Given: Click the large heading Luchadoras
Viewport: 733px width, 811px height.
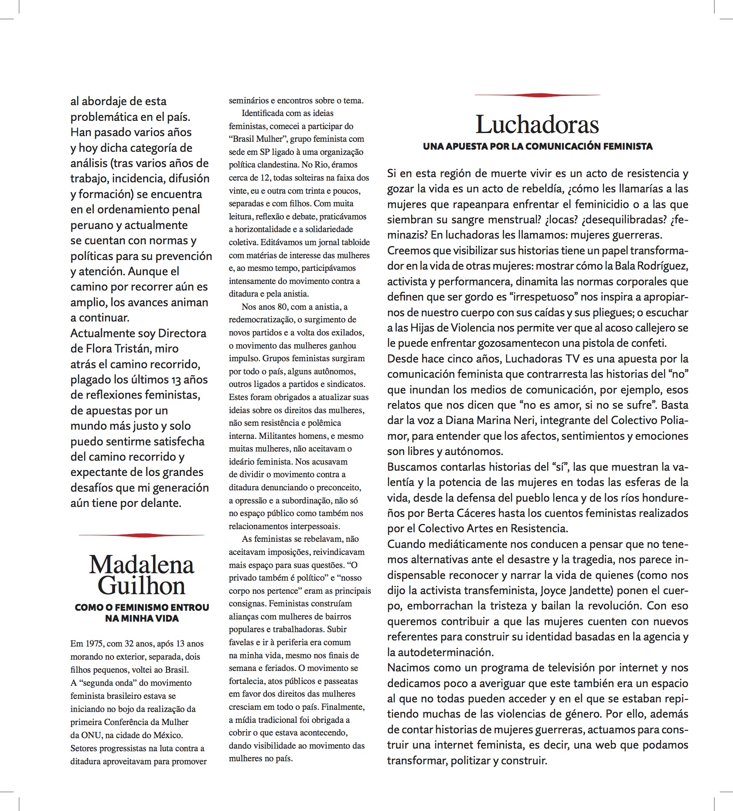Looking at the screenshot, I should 537,125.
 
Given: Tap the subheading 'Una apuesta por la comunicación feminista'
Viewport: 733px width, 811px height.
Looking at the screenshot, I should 537,147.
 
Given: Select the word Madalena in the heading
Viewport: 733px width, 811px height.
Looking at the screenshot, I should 141,565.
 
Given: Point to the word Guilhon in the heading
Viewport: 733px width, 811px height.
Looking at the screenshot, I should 141,585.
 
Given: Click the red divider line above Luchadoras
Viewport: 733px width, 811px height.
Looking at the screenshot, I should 537,95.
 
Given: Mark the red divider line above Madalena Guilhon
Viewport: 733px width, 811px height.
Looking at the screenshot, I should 141,535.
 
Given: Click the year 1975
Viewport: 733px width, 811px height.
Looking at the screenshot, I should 92,643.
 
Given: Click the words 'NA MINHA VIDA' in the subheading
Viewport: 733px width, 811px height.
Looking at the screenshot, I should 141,618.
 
